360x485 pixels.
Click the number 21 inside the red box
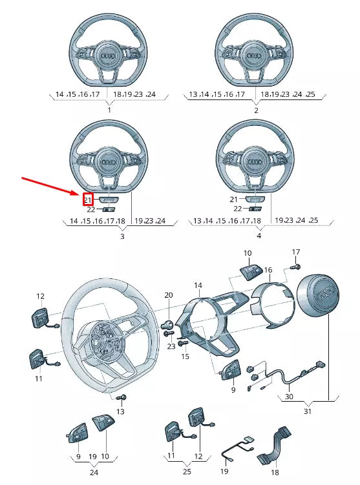point(89,200)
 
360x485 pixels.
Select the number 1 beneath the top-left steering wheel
point(109,110)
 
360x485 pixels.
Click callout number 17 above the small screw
point(296,252)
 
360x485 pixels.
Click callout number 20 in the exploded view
point(168,295)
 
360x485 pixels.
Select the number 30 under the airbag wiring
point(288,397)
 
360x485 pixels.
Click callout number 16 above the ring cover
point(268,269)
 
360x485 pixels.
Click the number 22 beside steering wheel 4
point(237,209)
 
